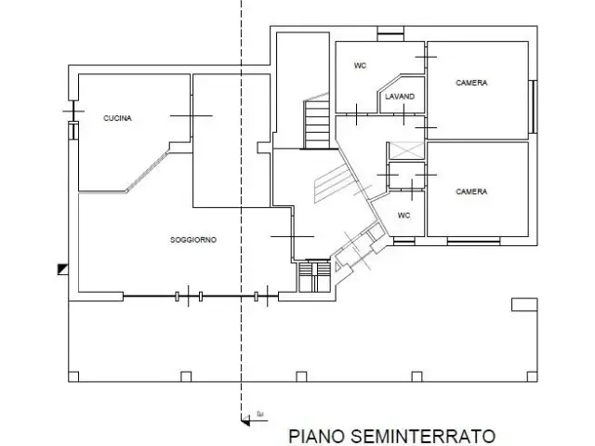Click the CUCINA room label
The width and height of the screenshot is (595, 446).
click(x=118, y=118)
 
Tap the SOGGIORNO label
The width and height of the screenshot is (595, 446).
click(x=193, y=240)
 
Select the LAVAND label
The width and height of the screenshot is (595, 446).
click(x=400, y=97)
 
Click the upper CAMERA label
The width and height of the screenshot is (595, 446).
click(x=471, y=83)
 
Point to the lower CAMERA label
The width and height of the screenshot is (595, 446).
click(x=471, y=191)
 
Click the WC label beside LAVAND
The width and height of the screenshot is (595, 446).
click(x=360, y=66)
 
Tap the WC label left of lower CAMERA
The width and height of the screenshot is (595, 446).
click(x=403, y=216)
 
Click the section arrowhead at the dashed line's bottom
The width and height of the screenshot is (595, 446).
click(x=245, y=420)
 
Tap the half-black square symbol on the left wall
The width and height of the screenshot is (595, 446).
click(x=63, y=269)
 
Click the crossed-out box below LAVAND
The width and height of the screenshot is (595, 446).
click(x=407, y=151)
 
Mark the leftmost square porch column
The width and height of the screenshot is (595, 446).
click(x=73, y=376)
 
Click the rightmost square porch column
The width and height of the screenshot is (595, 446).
click(x=532, y=376)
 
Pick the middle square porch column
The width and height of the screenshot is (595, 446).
click(x=301, y=376)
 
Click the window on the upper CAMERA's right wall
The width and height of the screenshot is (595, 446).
click(x=533, y=107)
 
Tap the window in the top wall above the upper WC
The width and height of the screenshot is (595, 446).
click(x=390, y=33)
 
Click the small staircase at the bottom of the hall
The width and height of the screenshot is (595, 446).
click(x=314, y=276)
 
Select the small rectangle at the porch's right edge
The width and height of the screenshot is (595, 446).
click(x=524, y=305)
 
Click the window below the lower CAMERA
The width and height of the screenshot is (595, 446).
click(x=473, y=242)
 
